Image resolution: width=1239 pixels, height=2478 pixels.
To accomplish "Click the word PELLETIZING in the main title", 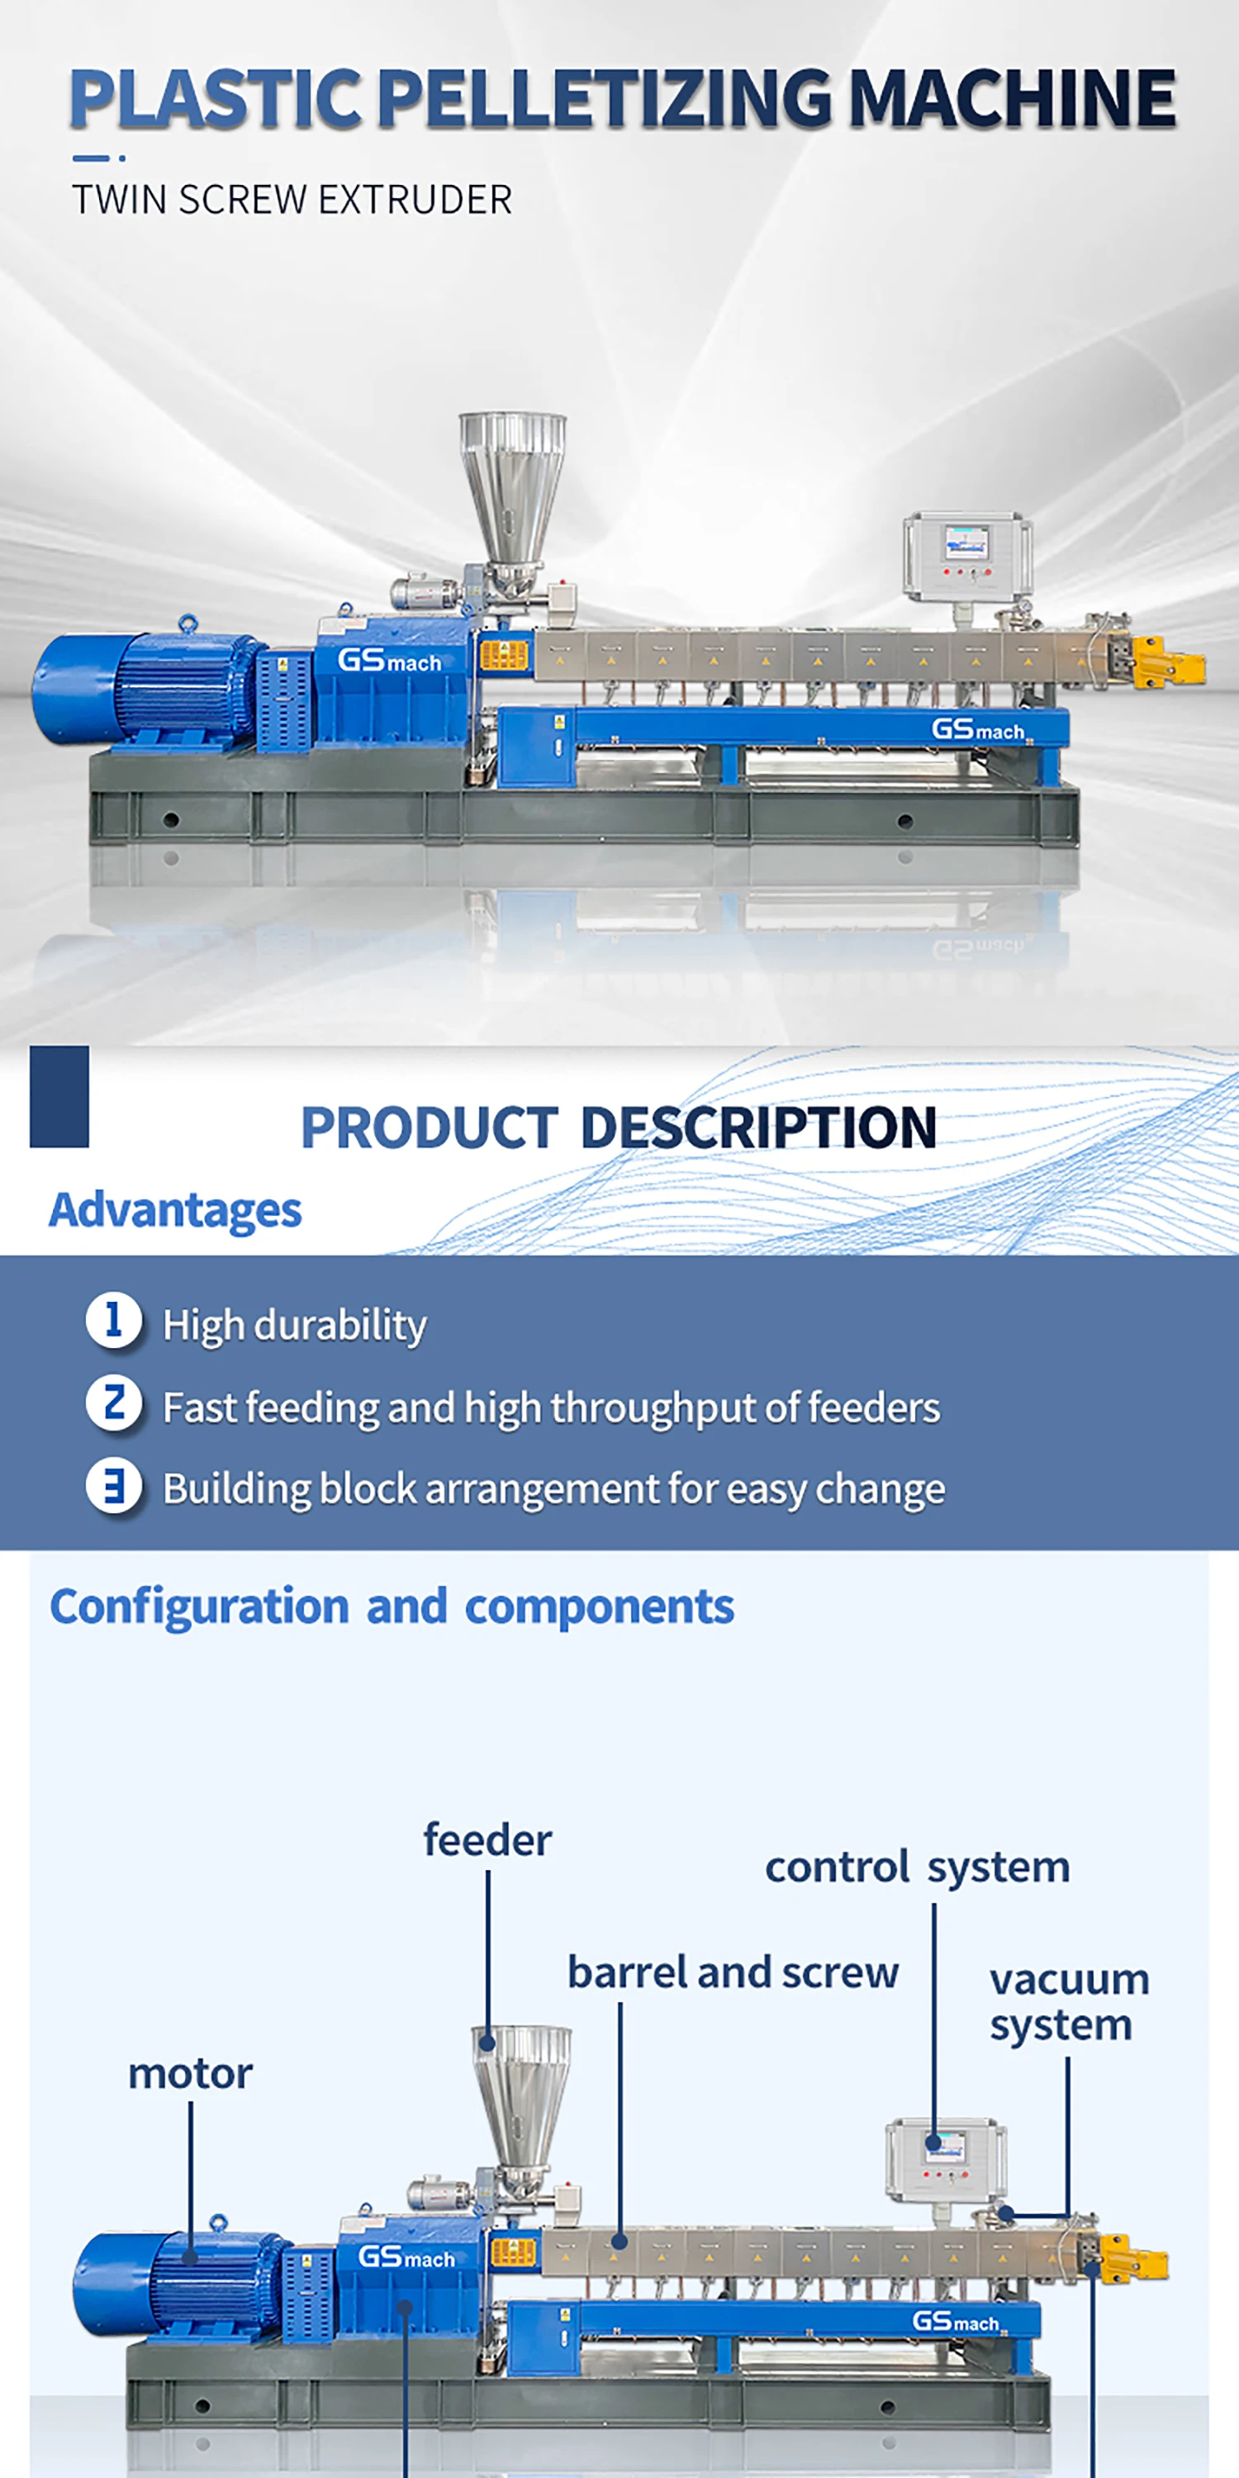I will tap(604, 99).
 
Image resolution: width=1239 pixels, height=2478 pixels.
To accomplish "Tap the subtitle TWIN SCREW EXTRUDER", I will tap(292, 200).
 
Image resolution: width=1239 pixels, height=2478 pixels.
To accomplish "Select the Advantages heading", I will tap(175, 1210).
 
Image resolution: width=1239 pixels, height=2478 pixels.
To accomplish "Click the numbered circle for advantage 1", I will tap(113, 1320).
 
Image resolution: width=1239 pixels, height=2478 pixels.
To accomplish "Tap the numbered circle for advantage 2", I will tap(113, 1403).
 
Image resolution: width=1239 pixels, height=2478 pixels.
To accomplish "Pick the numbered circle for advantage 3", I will tap(113, 1485).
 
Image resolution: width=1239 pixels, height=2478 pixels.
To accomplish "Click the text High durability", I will tap(294, 1326).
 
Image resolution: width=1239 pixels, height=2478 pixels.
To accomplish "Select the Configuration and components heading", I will tap(392, 1607).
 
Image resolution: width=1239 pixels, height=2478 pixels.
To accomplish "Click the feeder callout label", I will tap(487, 1840).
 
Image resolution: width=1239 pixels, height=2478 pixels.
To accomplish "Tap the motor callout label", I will tap(191, 2074).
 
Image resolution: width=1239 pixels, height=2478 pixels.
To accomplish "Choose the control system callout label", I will tap(917, 1867).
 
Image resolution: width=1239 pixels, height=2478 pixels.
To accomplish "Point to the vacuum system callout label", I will tap(1069, 2003).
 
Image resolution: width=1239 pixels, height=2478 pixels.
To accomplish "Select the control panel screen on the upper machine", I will tap(966, 544).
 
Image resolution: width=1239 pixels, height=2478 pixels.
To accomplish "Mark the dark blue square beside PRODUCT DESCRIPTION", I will tap(59, 1097).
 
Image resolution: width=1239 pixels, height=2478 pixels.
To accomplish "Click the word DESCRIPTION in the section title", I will tap(758, 1127).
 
